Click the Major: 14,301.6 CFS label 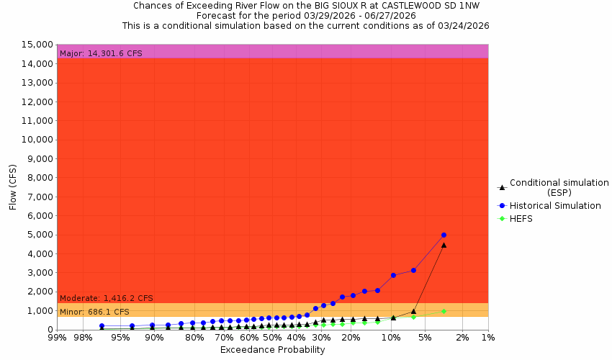(x=100, y=53)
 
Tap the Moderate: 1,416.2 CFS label (x=106, y=298)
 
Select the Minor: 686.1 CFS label (x=94, y=312)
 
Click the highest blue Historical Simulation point (x=444, y=235)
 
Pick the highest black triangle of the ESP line (x=444, y=245)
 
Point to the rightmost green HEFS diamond (x=444, y=311)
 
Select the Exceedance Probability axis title (x=272, y=350)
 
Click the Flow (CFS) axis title (x=12, y=187)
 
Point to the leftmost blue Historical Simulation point (x=102, y=326)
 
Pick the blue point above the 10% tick (x=393, y=275)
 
